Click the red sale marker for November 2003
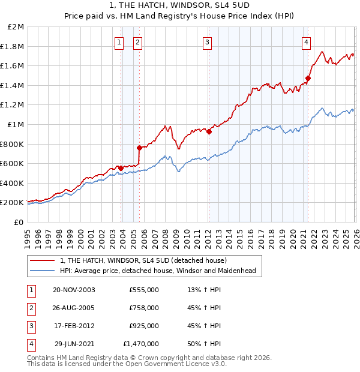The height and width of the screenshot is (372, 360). point(121,168)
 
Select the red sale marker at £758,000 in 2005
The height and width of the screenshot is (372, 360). point(139,148)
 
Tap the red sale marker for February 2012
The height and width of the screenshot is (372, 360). point(209,132)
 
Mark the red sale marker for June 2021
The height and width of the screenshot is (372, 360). point(308,78)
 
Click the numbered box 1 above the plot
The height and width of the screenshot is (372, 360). point(119,42)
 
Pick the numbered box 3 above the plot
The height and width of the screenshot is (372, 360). point(207,42)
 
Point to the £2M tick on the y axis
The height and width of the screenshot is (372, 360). point(16,27)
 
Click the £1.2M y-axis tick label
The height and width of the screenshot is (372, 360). point(13,105)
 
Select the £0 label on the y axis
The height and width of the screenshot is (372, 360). point(19,222)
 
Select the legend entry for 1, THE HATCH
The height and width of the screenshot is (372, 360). point(143,260)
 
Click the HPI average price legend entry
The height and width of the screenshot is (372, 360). point(157,271)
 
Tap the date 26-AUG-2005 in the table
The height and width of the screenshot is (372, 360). point(74,308)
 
